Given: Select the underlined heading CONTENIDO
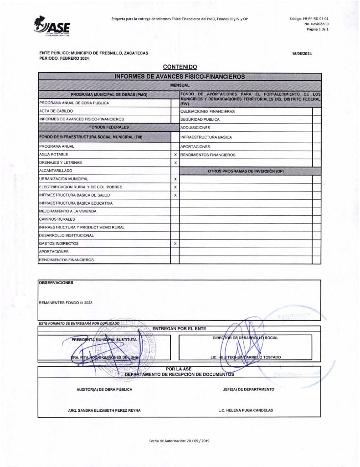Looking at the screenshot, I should [x=180, y=67].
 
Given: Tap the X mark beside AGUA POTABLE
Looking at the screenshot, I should [x=175, y=155].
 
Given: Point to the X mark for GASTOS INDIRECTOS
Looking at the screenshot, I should [x=175, y=244].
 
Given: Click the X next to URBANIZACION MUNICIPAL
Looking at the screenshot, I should [x=175, y=179].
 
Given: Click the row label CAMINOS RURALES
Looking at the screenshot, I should [x=56, y=219].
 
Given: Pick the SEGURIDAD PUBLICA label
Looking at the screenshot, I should [x=200, y=119].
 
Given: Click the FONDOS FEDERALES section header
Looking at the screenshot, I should [x=108, y=127].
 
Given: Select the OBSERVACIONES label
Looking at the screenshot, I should [x=56, y=283].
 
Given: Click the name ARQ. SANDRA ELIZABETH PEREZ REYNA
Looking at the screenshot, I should [x=104, y=410].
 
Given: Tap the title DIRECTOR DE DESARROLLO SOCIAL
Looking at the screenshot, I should [x=246, y=338].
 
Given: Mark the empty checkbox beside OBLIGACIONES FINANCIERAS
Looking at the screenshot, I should [x=316, y=111].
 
